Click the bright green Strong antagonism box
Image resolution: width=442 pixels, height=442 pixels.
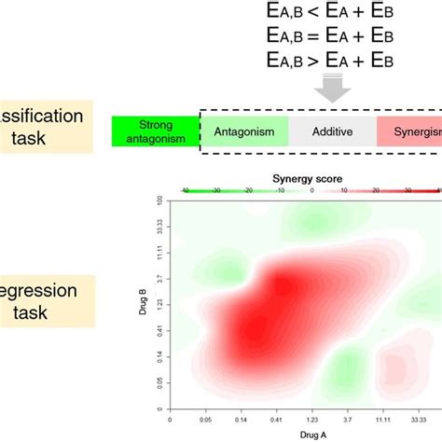(156, 132)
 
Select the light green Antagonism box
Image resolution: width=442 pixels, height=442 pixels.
(244, 132)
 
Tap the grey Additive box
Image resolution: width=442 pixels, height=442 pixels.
(332, 132)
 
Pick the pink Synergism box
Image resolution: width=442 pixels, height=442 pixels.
(410, 132)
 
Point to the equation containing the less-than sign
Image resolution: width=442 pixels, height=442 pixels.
(333, 16)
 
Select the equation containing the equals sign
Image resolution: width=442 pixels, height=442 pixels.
(333, 38)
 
